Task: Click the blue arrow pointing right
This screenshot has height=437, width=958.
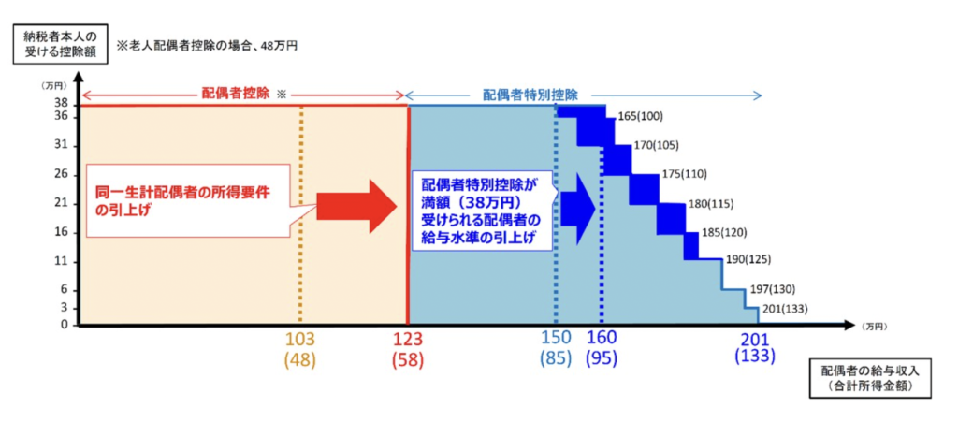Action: click(x=577, y=207)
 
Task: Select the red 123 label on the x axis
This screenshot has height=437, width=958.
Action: click(x=408, y=339)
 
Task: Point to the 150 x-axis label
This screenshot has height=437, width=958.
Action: click(x=557, y=339)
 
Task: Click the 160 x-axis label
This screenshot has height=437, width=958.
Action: click(x=602, y=339)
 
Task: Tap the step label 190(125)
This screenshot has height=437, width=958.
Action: click(x=748, y=259)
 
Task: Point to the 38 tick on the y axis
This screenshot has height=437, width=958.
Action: click(x=61, y=103)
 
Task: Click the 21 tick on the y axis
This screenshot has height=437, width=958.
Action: click(x=61, y=203)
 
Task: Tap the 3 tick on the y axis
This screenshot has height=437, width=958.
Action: click(x=65, y=307)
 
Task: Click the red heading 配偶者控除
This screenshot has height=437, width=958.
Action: click(x=235, y=94)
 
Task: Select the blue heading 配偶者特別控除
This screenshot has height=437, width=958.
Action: click(x=530, y=94)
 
